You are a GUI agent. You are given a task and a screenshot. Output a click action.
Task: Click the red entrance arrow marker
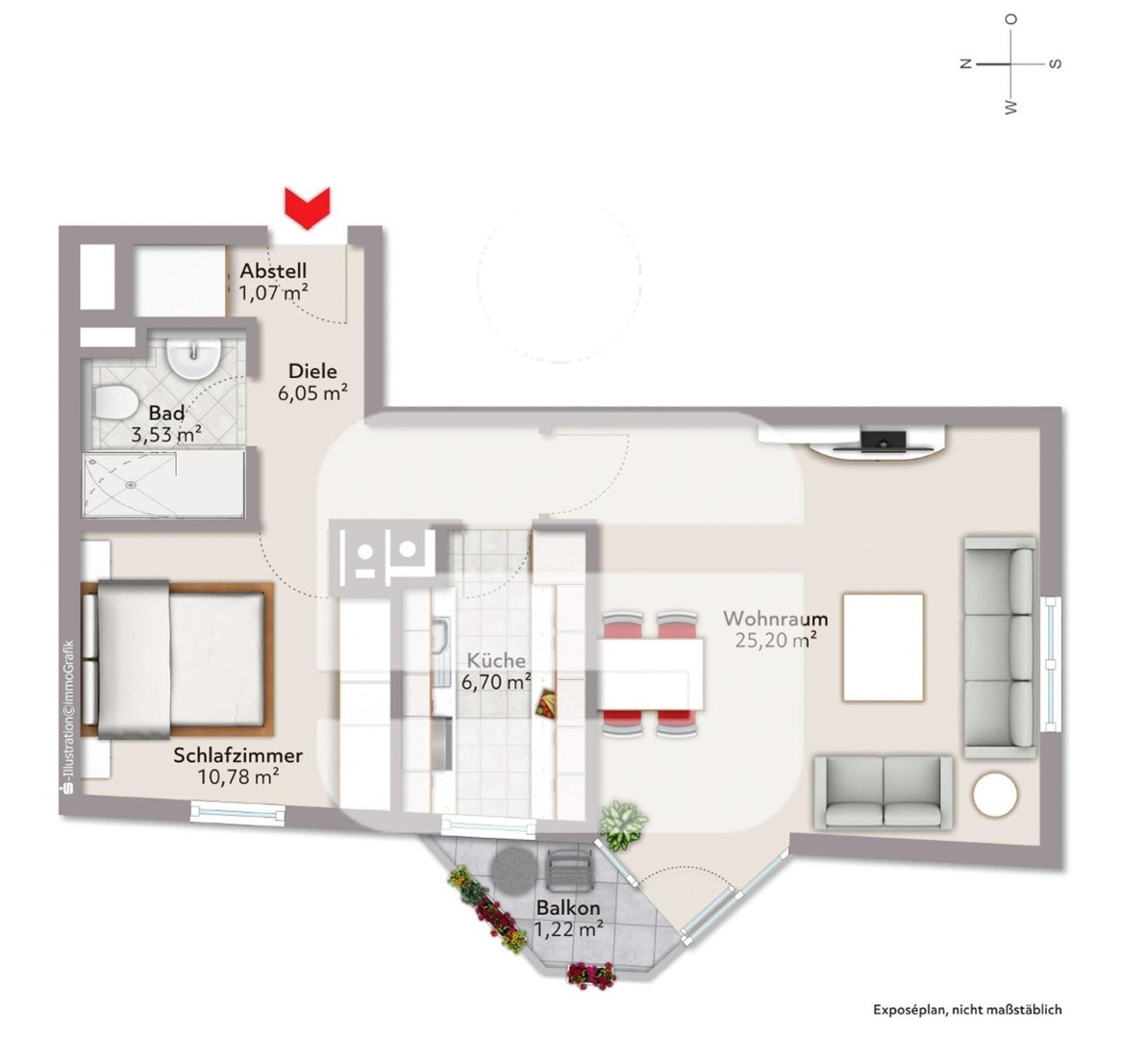coord(307,208)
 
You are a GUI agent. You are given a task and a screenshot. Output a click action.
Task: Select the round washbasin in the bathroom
coord(193,357)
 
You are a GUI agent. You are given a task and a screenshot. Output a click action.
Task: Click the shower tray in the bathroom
coord(131,484)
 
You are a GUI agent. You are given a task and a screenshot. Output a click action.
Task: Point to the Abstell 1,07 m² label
coord(274,282)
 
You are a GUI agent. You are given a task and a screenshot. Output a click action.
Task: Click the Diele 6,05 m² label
coord(312,381)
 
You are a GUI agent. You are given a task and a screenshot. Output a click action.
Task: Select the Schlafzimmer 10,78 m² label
coord(238,766)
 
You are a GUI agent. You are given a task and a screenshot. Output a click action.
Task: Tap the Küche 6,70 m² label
coord(498,672)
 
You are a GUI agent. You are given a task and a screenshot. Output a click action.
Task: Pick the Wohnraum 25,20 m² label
coord(776,628)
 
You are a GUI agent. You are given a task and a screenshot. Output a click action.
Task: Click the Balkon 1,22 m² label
coord(569,918)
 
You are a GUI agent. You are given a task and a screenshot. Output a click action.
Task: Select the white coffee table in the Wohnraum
coord(884,646)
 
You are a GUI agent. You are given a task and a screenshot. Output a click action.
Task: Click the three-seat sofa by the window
coord(1000,644)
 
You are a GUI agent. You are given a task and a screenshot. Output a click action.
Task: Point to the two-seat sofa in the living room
coord(884,792)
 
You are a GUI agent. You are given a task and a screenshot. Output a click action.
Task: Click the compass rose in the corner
coord(1010,64)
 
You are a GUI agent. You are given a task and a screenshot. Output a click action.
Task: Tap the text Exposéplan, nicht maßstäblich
coord(967,1010)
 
